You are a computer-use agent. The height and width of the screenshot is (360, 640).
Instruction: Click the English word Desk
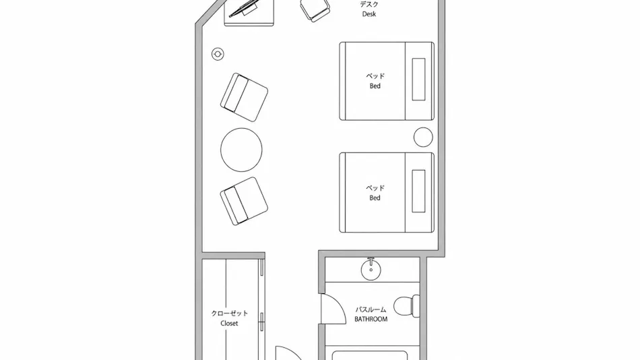(369, 14)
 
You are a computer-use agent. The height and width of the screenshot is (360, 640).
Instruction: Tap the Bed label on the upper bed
(375, 86)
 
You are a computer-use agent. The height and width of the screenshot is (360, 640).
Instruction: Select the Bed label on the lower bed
(375, 198)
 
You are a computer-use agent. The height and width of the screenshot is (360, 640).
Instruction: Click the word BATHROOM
(371, 319)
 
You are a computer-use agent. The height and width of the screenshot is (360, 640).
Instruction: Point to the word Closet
(229, 323)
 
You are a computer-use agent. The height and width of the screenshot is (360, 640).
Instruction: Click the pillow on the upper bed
(419, 80)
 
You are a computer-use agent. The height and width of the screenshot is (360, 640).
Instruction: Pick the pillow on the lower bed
(419, 191)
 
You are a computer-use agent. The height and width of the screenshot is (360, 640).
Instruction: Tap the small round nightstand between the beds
(423, 137)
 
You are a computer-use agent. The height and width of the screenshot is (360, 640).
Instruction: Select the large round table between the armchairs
(241, 150)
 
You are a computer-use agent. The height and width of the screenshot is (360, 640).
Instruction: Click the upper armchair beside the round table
(244, 97)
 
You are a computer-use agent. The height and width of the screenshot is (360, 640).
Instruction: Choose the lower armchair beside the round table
(244, 201)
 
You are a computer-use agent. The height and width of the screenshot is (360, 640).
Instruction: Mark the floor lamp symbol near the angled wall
(218, 54)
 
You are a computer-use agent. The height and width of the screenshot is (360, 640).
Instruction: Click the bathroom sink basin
(371, 270)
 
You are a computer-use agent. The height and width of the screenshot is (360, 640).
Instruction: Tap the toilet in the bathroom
(407, 305)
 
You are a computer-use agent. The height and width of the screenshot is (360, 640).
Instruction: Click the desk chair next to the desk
(315, 9)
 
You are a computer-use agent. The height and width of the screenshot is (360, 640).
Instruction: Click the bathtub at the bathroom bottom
(370, 355)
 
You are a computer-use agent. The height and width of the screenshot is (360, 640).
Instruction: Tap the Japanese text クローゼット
(229, 313)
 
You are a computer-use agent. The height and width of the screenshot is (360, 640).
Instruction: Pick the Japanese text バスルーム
(371, 309)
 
